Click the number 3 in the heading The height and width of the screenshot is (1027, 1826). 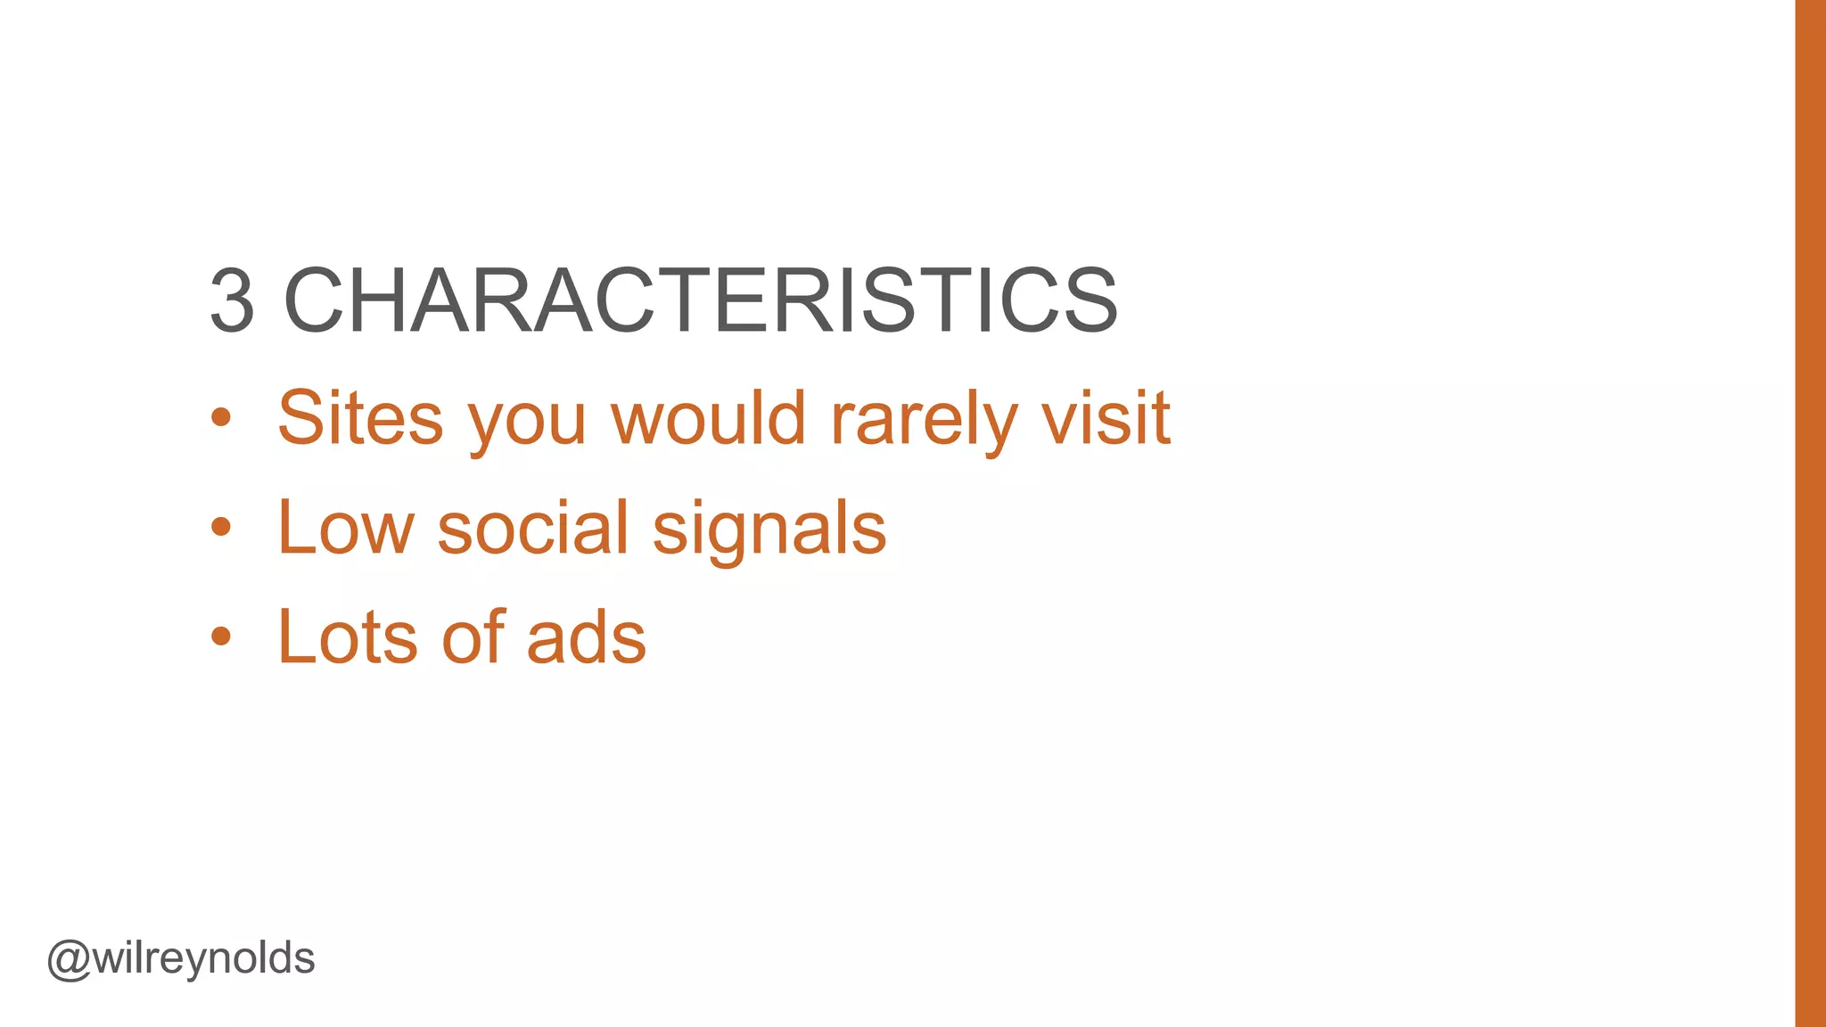point(233,300)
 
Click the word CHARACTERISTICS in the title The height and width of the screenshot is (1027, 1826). point(700,300)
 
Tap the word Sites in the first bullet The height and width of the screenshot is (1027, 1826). point(360,417)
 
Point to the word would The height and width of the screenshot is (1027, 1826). point(709,417)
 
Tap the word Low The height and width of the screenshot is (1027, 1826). point(346,528)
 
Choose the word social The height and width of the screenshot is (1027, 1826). point(533,528)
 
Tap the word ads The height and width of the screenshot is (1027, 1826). point(587,637)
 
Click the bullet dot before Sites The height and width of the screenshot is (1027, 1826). point(221,417)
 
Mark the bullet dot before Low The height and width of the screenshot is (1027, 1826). point(221,527)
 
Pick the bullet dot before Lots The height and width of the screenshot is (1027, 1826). point(221,637)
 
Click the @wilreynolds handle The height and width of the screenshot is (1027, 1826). point(181,959)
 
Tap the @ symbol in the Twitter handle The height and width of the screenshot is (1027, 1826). point(69,960)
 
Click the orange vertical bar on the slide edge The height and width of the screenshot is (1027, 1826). point(1810,513)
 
